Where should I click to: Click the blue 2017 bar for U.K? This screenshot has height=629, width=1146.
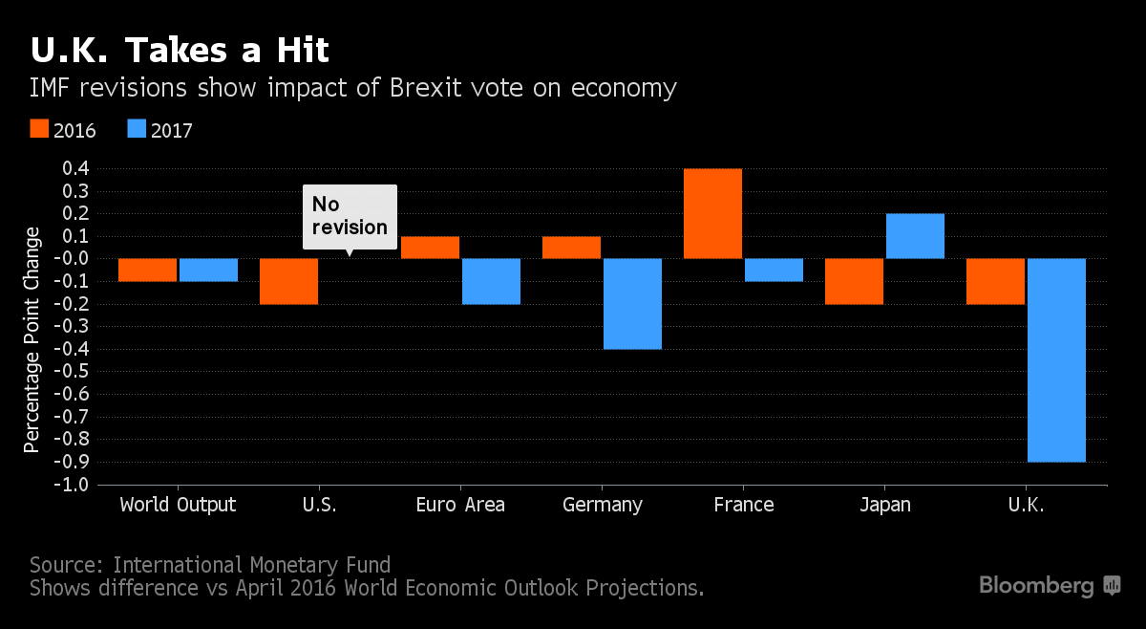point(1055,359)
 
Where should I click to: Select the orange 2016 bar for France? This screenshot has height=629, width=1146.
point(712,213)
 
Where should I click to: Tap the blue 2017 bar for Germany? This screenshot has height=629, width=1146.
point(632,304)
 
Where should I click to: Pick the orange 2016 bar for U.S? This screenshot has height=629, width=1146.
point(288,281)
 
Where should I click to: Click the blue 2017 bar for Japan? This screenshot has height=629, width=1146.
point(915,236)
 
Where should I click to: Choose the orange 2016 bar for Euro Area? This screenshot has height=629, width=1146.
point(430,248)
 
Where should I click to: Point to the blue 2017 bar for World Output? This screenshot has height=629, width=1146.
point(208,270)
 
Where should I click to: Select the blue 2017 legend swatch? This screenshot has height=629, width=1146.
point(136,129)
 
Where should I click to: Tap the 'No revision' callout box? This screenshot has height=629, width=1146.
point(350,216)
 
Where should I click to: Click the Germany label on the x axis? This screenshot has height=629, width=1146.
point(603,505)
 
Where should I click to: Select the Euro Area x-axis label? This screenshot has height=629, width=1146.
point(460,505)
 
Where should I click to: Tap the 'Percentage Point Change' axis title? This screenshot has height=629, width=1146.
point(32,339)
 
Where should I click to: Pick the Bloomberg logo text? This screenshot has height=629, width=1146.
point(1036,585)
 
